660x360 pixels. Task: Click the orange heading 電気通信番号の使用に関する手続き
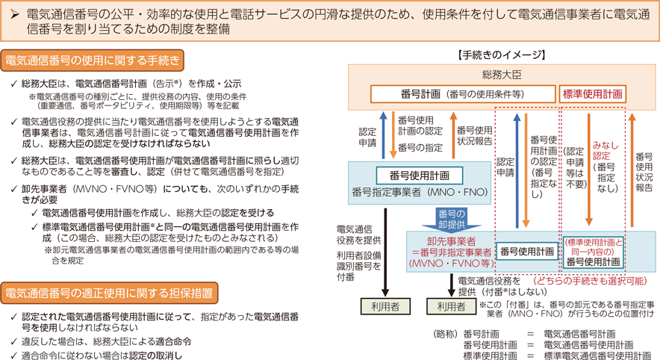click(92, 60)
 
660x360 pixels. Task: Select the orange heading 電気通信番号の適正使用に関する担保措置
click(109, 293)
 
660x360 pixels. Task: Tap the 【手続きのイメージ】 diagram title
click(501, 55)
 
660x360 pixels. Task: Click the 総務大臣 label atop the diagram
click(502, 75)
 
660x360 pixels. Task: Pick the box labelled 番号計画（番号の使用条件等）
click(463, 94)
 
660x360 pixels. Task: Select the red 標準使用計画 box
click(593, 94)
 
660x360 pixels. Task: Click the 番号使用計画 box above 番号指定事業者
click(420, 176)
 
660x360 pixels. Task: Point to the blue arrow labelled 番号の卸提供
click(452, 219)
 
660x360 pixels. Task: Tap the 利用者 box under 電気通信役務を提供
click(385, 306)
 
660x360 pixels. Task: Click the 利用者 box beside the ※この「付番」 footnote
click(451, 306)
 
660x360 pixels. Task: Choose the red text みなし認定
click(605, 150)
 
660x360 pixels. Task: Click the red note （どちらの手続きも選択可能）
click(590, 281)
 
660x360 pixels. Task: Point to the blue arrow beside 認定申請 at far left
click(383, 135)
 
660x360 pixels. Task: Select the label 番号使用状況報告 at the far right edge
click(644, 172)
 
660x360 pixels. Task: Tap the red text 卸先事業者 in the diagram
click(451, 241)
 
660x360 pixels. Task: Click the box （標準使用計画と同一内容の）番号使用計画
click(593, 252)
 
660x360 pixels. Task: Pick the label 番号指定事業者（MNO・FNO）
click(420, 193)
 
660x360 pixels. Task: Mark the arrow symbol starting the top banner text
click(15, 15)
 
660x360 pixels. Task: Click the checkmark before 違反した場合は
click(14, 341)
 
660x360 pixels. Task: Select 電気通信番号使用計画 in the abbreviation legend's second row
click(588, 345)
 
